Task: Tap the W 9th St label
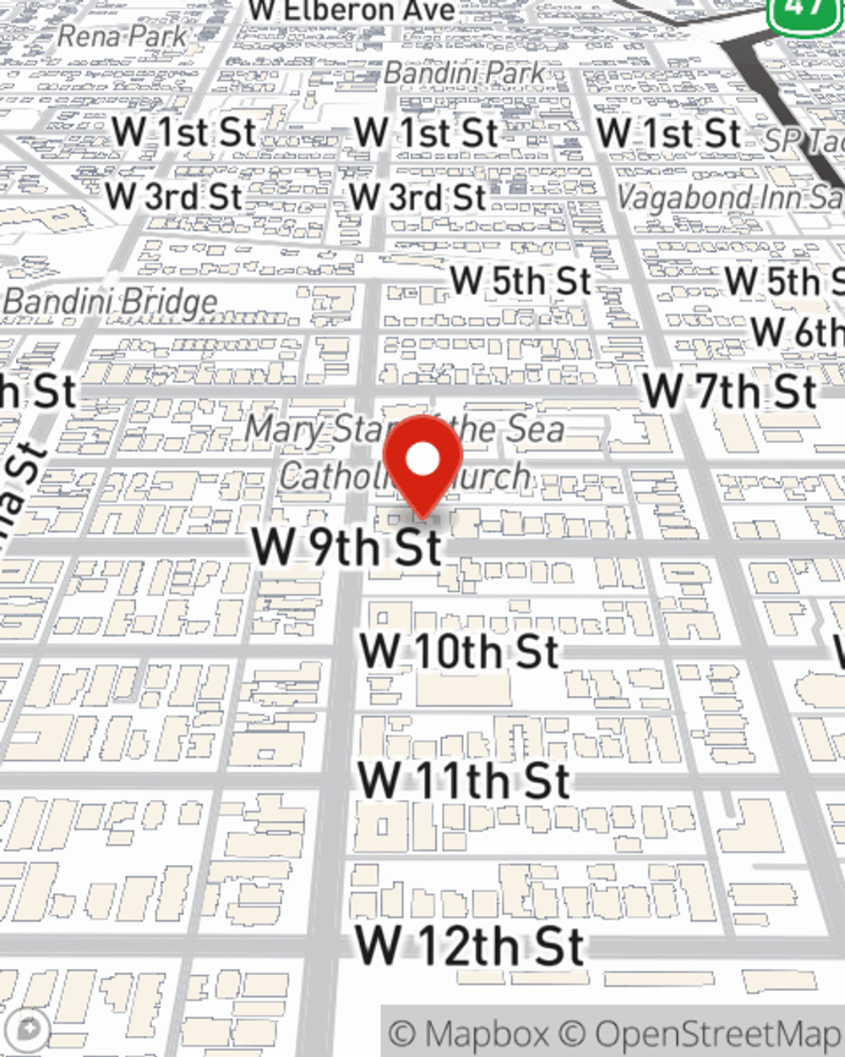pyautogui.click(x=347, y=546)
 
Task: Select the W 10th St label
pyautogui.click(x=459, y=652)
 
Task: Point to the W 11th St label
pyautogui.click(x=464, y=780)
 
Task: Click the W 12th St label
pyautogui.click(x=469, y=946)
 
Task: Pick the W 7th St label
pyautogui.click(x=730, y=392)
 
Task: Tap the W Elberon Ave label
pyautogui.click(x=352, y=11)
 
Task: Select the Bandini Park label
pyautogui.click(x=464, y=73)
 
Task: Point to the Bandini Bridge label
pyautogui.click(x=111, y=302)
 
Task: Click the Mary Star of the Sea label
pyautogui.click(x=404, y=430)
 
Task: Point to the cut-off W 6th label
pyautogui.click(x=796, y=331)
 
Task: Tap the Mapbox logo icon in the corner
pyautogui.click(x=28, y=1030)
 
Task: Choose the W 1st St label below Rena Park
pyautogui.click(x=183, y=133)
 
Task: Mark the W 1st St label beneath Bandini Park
pyautogui.click(x=426, y=134)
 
